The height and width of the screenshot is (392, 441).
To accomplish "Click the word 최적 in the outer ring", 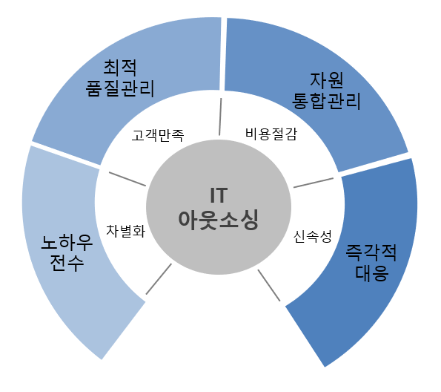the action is (120, 68).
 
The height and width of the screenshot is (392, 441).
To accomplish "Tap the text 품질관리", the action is (120, 88).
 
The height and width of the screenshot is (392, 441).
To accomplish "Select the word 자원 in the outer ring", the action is (326, 80).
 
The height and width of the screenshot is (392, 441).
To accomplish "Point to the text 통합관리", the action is (326, 101).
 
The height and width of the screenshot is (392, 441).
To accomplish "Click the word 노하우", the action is (67, 242).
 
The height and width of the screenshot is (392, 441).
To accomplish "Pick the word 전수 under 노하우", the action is (67, 263).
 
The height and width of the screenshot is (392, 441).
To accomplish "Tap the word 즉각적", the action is (371, 252).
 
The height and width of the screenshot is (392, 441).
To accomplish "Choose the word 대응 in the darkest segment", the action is (372, 272).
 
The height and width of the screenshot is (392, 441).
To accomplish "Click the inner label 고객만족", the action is (158, 135).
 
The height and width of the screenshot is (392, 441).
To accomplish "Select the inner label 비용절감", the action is (271, 134).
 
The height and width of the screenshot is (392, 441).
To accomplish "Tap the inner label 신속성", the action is (313, 236).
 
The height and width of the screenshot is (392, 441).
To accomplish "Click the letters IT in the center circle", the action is (219, 195).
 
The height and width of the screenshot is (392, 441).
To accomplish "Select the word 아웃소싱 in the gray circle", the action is (219, 220).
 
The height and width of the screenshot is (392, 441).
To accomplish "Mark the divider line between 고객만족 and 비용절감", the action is (220, 117).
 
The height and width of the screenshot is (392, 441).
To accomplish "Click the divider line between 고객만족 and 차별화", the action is (127, 179).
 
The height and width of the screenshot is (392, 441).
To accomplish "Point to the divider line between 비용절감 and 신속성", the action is (314, 183).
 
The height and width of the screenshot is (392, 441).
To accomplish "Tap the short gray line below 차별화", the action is (159, 279).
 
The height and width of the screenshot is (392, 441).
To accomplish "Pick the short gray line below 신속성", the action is (269, 285).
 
